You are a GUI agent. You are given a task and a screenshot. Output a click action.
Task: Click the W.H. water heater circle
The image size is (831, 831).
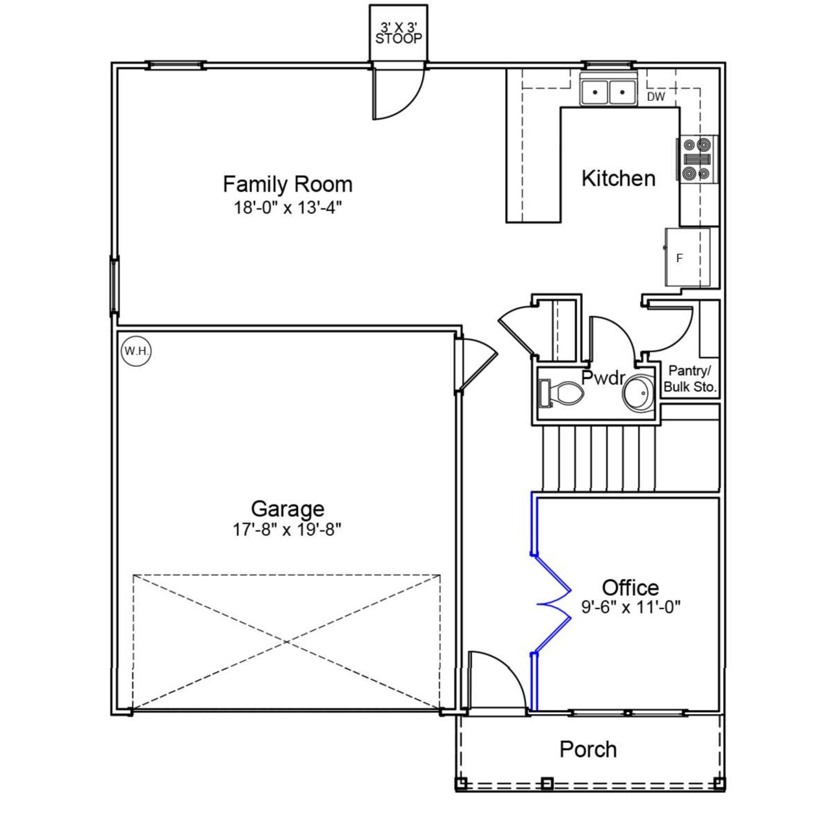(136, 351)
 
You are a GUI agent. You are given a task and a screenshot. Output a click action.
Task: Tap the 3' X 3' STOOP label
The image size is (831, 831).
(398, 33)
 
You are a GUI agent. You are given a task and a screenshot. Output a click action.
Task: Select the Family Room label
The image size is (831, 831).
(288, 184)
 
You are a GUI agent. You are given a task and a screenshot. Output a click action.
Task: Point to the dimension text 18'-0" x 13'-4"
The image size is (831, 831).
(288, 208)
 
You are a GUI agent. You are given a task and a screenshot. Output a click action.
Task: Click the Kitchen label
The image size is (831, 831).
(618, 179)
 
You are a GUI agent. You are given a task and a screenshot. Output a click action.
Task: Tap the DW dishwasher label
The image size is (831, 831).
(656, 97)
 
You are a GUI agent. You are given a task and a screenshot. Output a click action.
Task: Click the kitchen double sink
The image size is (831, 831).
(608, 92)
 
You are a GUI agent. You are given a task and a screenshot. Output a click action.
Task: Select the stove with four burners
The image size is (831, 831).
(697, 159)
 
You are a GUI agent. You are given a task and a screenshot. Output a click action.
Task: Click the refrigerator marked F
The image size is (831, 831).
(687, 258)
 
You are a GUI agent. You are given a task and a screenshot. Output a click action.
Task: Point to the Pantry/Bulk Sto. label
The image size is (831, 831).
(690, 379)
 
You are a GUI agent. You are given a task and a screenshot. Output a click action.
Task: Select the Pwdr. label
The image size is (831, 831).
(603, 378)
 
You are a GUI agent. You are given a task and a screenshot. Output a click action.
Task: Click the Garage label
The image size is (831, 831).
(288, 508)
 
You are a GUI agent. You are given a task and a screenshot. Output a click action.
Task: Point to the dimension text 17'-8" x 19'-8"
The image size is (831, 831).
(288, 530)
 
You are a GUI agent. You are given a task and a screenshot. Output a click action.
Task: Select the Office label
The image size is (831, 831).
(630, 588)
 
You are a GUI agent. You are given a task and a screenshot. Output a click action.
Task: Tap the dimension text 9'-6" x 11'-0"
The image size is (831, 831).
(630, 608)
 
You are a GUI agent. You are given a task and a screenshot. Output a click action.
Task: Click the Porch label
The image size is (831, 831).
(588, 749)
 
